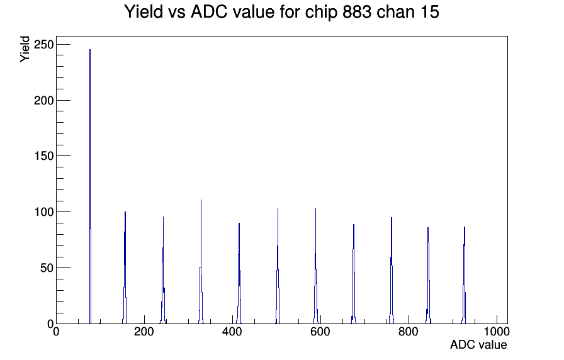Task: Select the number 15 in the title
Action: click(426, 12)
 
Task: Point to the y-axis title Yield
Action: click(25, 48)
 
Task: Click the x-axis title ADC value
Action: click(478, 345)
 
